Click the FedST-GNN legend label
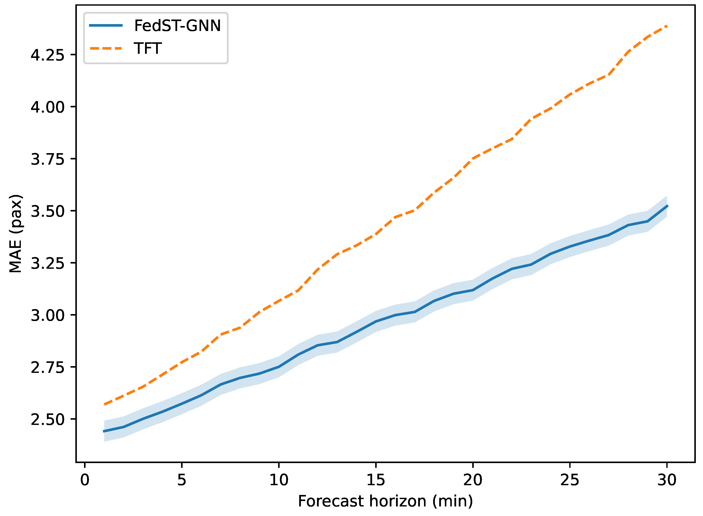[177, 26]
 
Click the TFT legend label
[148, 48]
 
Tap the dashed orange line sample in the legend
[106, 48]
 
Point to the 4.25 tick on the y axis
[47, 55]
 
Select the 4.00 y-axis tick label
[47, 107]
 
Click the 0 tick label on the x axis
[85, 480]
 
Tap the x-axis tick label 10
[279, 480]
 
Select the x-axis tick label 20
[473, 480]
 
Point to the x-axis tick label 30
[667, 480]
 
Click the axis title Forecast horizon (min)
[385, 501]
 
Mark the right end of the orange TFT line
[667, 26]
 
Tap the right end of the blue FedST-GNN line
[667, 206]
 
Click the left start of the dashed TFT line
[104, 405]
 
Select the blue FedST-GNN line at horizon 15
[376, 321]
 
